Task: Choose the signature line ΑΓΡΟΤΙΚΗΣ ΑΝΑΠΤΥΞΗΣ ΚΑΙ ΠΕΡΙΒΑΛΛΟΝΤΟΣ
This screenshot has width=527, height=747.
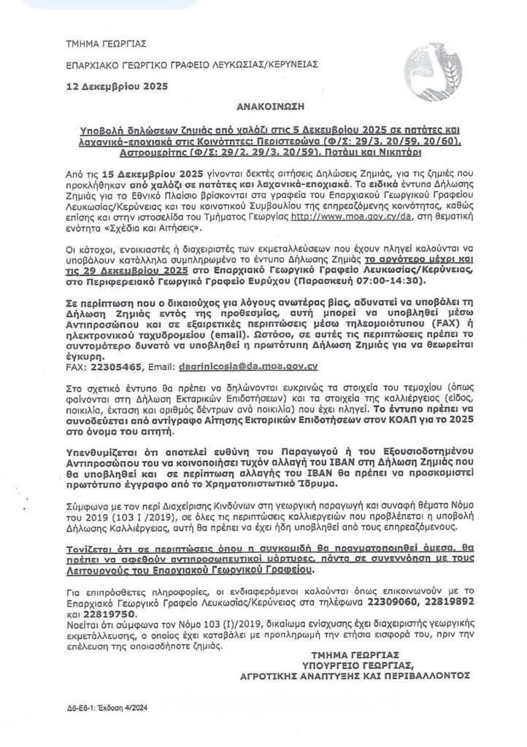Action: (x=355, y=676)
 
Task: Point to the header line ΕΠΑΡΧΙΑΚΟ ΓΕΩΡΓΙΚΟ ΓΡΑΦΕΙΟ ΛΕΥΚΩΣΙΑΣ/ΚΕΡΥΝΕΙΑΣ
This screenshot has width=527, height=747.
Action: (x=181, y=63)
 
